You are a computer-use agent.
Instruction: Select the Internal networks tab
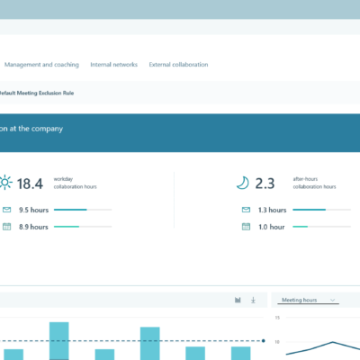click(x=114, y=65)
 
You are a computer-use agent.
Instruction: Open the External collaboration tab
click(x=178, y=65)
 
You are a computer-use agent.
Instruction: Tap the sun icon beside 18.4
click(x=5, y=183)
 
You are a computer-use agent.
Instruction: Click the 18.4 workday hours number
click(x=31, y=183)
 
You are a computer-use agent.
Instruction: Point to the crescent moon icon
click(x=243, y=183)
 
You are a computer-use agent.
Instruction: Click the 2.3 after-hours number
click(x=265, y=183)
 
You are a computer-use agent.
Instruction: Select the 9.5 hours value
click(x=33, y=210)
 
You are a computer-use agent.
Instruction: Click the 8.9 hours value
click(x=33, y=227)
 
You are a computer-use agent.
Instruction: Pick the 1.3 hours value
click(x=271, y=210)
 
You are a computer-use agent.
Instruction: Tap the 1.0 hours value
click(x=271, y=227)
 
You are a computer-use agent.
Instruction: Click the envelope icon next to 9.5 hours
click(x=6, y=210)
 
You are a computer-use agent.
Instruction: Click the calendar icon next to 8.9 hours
click(x=6, y=227)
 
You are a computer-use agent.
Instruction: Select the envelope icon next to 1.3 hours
click(x=245, y=210)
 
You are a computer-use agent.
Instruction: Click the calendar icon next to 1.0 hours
click(x=245, y=227)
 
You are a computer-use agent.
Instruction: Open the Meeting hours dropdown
click(x=309, y=300)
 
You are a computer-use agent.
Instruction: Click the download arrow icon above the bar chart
click(x=253, y=300)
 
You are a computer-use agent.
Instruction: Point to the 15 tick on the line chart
click(x=277, y=318)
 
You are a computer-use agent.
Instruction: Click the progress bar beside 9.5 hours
click(x=83, y=210)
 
